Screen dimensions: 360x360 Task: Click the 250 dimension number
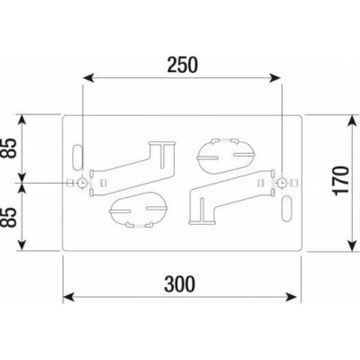tap(183, 65)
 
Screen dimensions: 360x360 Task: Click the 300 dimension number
tap(179, 283)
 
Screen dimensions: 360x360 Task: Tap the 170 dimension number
tap(342, 180)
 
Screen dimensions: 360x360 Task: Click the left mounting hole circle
tap(82, 183)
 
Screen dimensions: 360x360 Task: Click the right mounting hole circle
tap(282, 183)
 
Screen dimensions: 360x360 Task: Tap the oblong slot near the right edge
tap(287, 209)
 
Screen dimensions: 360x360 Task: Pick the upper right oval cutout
tap(226, 156)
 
